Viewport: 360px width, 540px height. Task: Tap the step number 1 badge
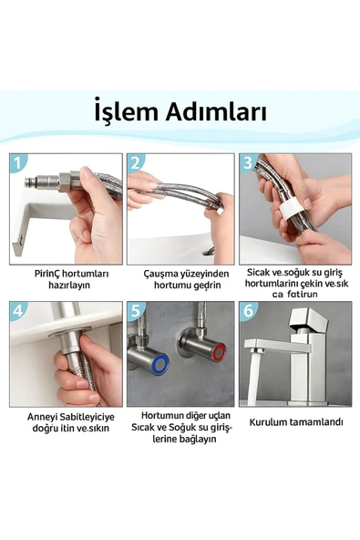[19, 163]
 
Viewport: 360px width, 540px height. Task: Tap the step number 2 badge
[136, 163]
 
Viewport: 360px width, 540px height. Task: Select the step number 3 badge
[248, 163]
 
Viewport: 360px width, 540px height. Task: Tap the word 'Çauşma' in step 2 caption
[160, 273]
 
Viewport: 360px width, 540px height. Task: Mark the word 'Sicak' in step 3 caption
[260, 272]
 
